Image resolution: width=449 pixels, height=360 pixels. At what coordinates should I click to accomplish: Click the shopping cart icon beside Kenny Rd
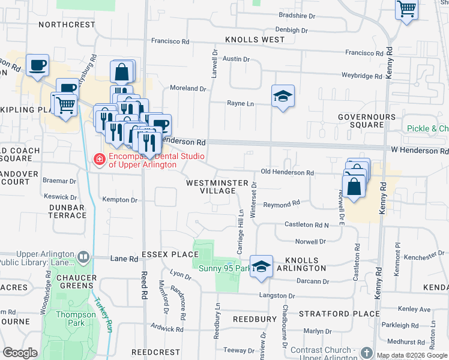(406, 10)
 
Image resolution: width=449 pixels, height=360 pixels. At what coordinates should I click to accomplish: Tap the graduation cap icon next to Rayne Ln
(282, 96)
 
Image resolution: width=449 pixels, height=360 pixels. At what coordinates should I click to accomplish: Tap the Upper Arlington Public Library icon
(83, 258)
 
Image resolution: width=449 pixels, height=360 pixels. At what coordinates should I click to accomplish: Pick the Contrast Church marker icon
(367, 353)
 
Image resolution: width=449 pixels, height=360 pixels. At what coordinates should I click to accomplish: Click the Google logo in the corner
(19, 353)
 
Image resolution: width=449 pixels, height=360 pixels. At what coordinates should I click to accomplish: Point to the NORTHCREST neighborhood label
(67, 25)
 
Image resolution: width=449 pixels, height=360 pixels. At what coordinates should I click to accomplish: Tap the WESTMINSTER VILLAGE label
(211, 186)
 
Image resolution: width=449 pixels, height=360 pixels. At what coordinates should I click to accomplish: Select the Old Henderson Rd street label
(287, 173)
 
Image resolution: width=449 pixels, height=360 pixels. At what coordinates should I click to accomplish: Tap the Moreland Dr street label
(188, 88)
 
